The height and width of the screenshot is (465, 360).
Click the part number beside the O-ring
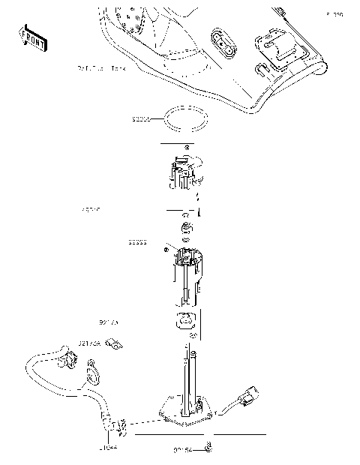pyautogui.click(x=140, y=118)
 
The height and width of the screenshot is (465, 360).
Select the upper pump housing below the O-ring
pyautogui.click(x=183, y=172)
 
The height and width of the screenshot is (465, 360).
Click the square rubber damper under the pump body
pyautogui.click(x=184, y=322)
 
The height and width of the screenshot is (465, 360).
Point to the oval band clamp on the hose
pyautogui.click(x=92, y=372)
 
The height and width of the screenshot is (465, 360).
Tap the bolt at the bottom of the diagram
pyautogui.click(x=208, y=449)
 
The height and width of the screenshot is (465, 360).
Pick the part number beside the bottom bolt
pyautogui.click(x=181, y=450)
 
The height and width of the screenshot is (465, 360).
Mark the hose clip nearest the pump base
pyautogui.click(x=115, y=427)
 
